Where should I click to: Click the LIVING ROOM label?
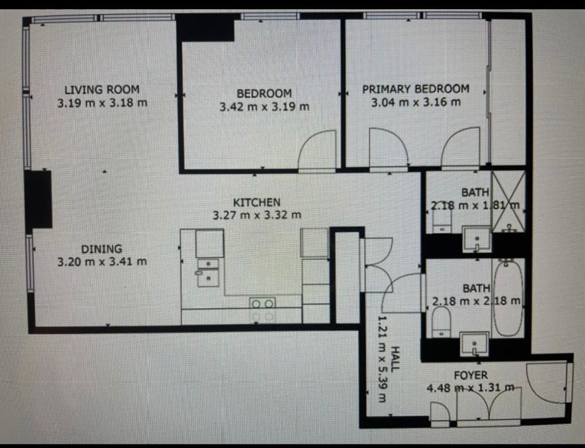(102, 90)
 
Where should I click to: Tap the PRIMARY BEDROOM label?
(416, 89)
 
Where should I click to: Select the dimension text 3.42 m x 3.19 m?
(265, 107)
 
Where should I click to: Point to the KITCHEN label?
(257, 203)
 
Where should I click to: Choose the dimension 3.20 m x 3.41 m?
(102, 262)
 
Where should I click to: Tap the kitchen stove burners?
(263, 310)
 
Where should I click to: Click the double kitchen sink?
(208, 273)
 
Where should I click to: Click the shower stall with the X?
(508, 202)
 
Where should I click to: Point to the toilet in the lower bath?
(442, 322)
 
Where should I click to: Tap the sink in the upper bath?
(477, 239)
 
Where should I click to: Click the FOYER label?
(471, 375)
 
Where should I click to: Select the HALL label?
(395, 358)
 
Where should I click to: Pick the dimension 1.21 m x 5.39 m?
(382, 359)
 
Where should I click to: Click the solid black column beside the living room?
(38, 199)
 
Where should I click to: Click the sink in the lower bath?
(474, 344)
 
